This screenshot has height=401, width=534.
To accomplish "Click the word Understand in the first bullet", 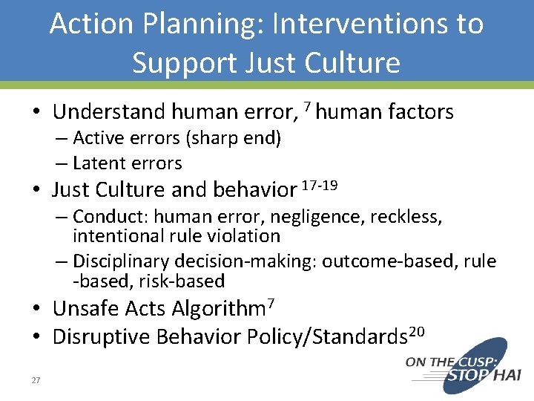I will pyautogui.click(x=109, y=112).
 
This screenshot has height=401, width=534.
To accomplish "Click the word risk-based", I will pyautogui.click(x=186, y=281).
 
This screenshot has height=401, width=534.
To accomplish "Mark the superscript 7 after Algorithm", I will pyautogui.click(x=271, y=302).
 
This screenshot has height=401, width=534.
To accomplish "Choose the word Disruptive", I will pyautogui.click(x=99, y=337).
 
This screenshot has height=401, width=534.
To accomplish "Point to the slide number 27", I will pyautogui.click(x=36, y=381).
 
